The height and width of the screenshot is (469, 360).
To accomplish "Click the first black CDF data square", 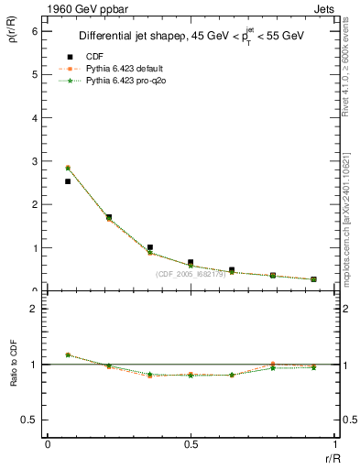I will point(68,181).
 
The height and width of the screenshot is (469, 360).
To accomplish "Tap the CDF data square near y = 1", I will point(149,247).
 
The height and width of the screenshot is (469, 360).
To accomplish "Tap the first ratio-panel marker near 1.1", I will point(68,354).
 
